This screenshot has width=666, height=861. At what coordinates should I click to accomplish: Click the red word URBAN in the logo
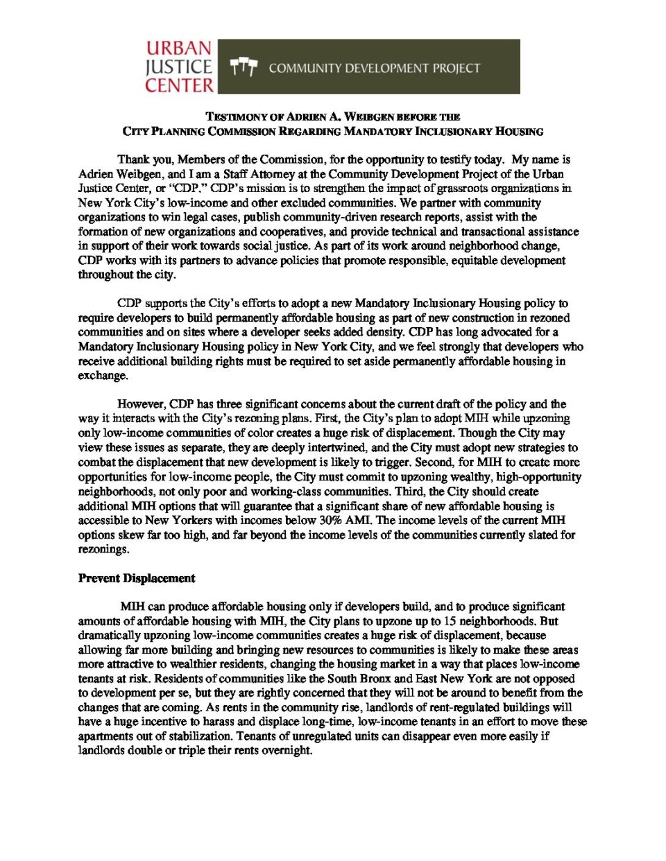pos(178,49)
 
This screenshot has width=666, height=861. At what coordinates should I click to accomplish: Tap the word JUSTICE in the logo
pos(178,67)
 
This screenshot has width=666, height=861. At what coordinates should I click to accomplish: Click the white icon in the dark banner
pos(244,67)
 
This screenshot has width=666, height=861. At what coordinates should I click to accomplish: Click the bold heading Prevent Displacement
pos(136,578)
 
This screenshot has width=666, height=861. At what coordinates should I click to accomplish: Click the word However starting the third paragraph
pos(142,404)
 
